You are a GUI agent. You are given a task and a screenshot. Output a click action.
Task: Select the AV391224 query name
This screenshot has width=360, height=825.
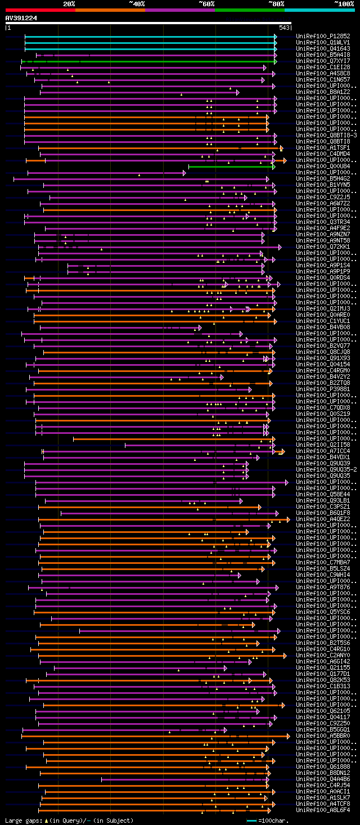pos(21,18)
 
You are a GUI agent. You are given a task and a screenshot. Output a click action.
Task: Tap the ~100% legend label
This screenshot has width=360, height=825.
pos(344,3)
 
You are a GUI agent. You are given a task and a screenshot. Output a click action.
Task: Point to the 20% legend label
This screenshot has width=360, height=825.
pos(69,3)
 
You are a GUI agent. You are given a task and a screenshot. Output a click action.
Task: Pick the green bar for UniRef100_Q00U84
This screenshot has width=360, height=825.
pos(231,167)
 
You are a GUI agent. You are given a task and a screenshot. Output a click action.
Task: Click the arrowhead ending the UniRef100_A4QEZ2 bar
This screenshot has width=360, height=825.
pos(289,519)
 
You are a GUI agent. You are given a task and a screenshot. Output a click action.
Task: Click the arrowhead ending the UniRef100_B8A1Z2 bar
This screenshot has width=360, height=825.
pos(238,92)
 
